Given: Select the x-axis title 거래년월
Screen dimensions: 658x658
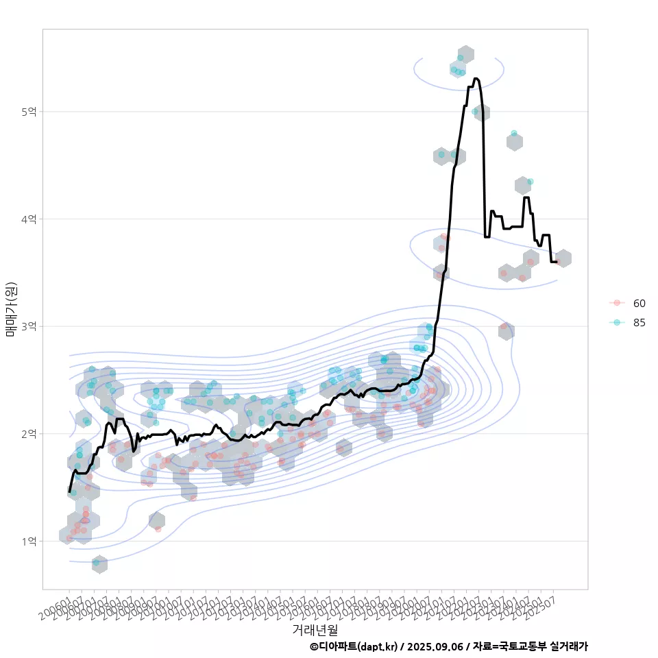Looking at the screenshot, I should click(315, 629).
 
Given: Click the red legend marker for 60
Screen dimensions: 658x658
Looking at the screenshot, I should click(617, 303).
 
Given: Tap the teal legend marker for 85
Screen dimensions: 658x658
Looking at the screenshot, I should click(617, 323).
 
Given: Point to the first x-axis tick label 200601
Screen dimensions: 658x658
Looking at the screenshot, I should click(55, 609).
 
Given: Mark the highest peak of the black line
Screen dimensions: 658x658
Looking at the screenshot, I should click(476, 79).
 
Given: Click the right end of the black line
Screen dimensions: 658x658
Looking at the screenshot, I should click(557, 262).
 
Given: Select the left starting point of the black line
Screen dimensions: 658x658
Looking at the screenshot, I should click(69, 491).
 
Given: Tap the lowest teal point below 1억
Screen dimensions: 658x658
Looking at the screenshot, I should click(97, 563).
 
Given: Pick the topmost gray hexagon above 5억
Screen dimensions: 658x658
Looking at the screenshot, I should click(465, 54).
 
